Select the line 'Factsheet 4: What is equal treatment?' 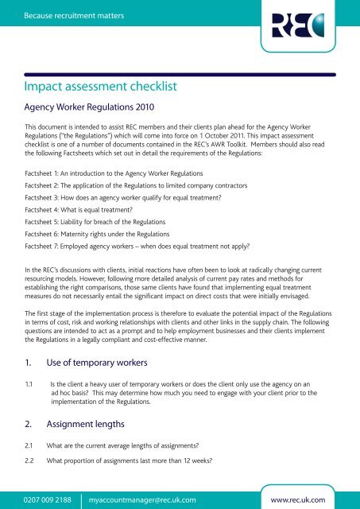(91, 208)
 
